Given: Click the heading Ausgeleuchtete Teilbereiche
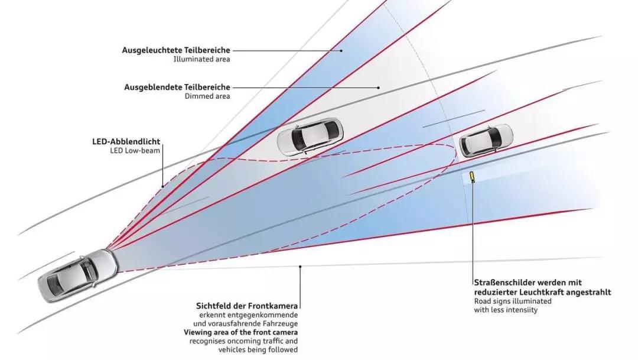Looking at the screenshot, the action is tap(176, 50).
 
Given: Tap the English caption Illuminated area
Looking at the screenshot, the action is tap(202, 60).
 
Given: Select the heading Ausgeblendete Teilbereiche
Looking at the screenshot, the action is tap(177, 87).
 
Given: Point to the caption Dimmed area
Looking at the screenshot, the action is tap(207, 96).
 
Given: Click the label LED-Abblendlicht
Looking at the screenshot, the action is tap(126, 142).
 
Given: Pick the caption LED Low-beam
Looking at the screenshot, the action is tap(135, 151).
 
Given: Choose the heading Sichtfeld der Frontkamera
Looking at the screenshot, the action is tap(247, 306).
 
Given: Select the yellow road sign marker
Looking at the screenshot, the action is tap(472, 177).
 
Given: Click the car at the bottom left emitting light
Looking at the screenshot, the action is tap(79, 275).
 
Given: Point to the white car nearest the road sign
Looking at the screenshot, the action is tap(486, 141).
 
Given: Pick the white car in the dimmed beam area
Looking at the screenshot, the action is tap(310, 137).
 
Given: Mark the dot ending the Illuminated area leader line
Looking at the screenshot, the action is tap(341, 51).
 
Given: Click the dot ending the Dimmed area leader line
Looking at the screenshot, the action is tap(379, 87).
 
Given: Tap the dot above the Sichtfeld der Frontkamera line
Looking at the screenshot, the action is tap(300, 267).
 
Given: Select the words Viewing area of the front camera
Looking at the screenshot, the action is tap(240, 332).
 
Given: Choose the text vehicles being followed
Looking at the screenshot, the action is tap(258, 350).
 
